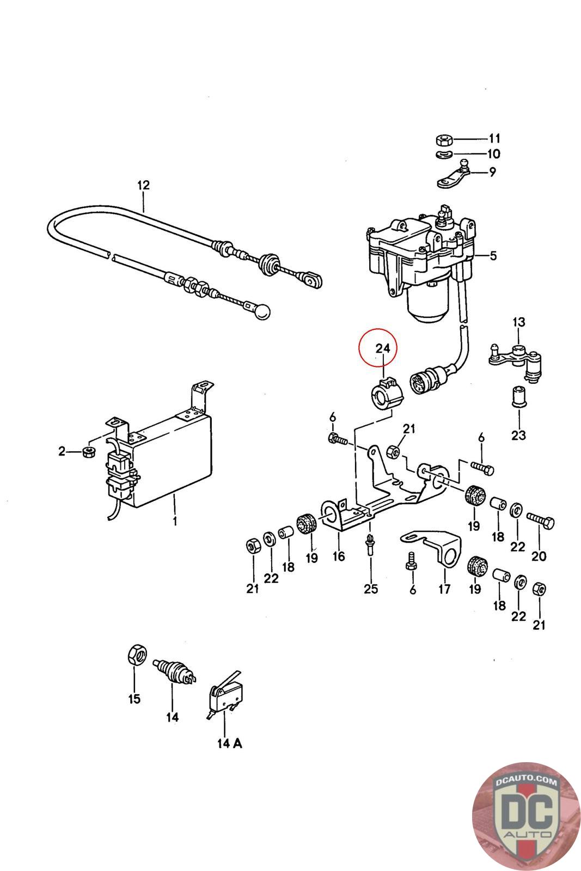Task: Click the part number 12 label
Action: coord(144,185)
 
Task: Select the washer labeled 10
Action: coord(443,154)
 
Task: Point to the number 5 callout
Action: coord(493,256)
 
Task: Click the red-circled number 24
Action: coord(383,348)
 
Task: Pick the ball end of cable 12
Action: coord(262,311)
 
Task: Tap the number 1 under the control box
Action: coord(175,520)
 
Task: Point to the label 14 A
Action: coord(229,744)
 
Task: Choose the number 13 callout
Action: coord(519,322)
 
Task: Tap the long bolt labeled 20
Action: coord(541,521)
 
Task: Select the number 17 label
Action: coord(444,589)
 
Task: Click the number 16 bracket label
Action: coord(339,556)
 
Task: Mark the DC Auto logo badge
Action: coord(527,817)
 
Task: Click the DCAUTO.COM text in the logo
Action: coord(526,781)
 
